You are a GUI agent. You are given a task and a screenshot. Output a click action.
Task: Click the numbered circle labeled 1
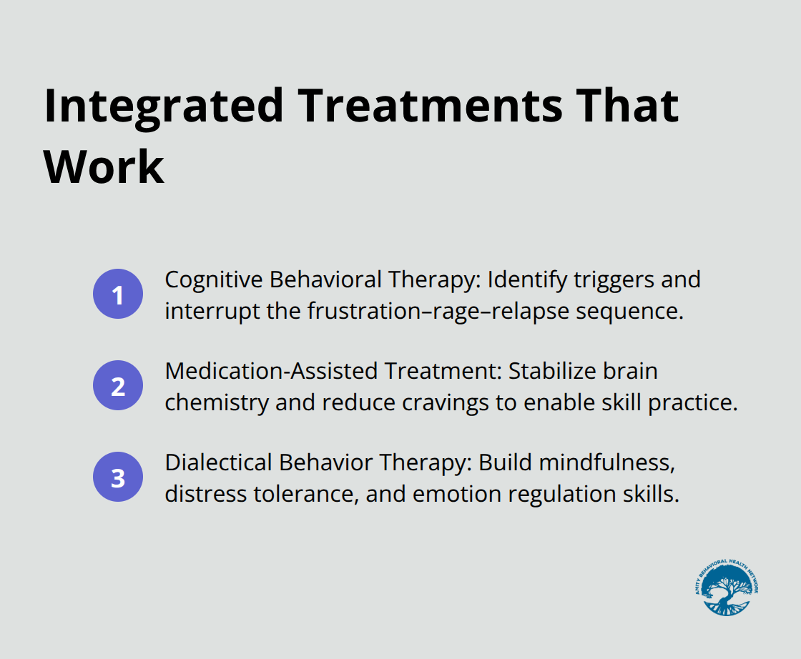coord(118,294)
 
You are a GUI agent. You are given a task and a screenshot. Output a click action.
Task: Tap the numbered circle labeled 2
coord(118,386)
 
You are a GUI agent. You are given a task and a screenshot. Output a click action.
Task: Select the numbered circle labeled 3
coord(118,477)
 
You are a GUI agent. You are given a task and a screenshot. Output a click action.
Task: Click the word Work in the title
coord(104,168)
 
